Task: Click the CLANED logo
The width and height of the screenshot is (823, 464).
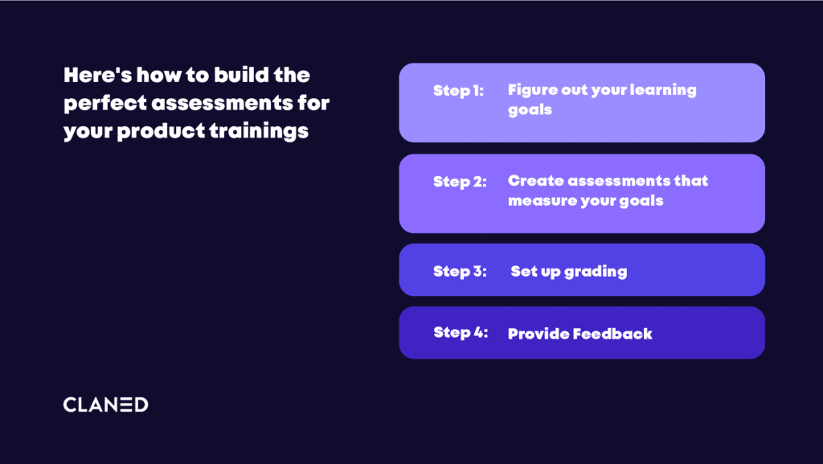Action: [105, 404]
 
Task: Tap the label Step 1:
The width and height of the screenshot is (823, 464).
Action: [458, 91]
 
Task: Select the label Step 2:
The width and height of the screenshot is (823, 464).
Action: [460, 182]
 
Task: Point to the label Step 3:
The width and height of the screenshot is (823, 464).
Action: [460, 271]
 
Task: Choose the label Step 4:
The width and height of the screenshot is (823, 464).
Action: [461, 332]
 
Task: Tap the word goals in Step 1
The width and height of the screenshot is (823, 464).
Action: [530, 110]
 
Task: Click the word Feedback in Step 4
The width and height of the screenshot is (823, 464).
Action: [612, 334]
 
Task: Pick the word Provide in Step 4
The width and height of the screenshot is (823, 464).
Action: [538, 334]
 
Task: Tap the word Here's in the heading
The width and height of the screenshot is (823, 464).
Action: [97, 75]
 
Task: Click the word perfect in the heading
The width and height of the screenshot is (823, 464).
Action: [105, 104]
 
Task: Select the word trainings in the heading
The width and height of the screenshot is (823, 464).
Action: [259, 131]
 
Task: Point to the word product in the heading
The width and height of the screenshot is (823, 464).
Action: [161, 131]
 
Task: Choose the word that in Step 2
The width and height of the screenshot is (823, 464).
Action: [690, 181]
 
